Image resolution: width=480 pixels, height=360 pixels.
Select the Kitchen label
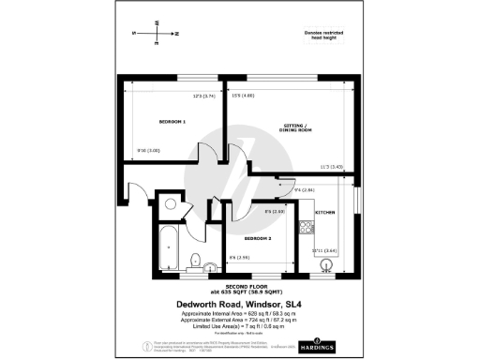pyautogui.click(x=325, y=214)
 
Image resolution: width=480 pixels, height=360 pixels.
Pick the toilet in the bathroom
pyautogui.click(x=194, y=260)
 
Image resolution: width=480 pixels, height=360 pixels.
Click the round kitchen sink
pyautogui.click(x=326, y=264)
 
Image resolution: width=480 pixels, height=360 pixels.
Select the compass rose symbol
pyautogui.click(x=156, y=32)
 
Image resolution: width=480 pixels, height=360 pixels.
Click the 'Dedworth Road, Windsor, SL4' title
pyautogui.click(x=239, y=304)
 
